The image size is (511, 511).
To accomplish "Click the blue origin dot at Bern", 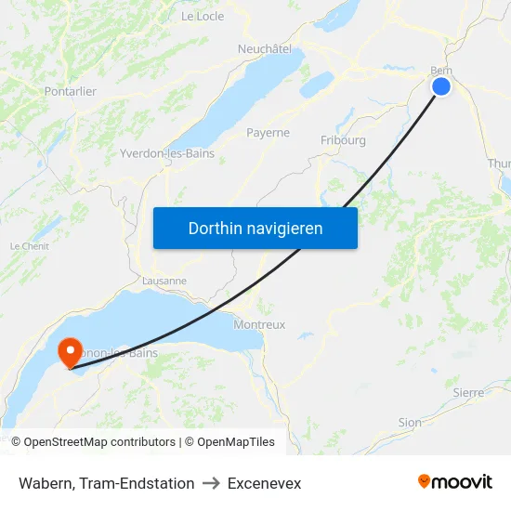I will (440, 85).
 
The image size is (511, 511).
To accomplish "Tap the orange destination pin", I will (70, 352).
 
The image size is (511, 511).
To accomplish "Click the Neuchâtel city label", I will (265, 48).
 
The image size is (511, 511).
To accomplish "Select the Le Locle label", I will (202, 16).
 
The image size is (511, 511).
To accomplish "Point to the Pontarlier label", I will (71, 91).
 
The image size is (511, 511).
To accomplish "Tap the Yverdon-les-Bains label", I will (167, 153).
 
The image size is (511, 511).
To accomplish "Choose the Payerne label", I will (268, 133).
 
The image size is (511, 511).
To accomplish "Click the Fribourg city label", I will (343, 140).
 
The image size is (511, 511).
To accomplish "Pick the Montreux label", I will (259, 324).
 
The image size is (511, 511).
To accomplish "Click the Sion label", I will (409, 422).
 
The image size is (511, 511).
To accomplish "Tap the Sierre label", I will (468, 392).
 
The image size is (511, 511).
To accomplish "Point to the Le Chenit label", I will (29, 246).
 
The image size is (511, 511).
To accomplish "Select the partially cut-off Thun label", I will (499, 164).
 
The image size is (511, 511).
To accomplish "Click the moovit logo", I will (454, 482).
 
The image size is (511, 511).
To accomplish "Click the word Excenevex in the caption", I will (264, 483).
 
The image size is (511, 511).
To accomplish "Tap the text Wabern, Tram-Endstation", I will (106, 483).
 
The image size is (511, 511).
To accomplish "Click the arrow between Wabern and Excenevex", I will (211, 483).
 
